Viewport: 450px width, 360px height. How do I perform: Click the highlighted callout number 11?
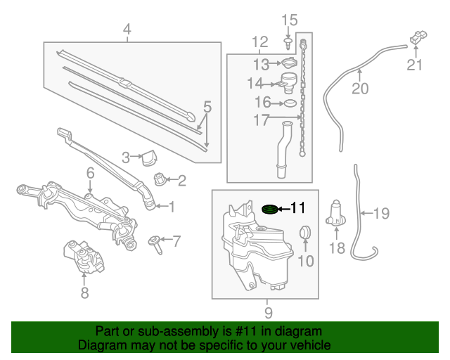298,207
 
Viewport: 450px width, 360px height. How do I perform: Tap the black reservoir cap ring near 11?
268,209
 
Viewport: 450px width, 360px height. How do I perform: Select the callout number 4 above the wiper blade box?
127,30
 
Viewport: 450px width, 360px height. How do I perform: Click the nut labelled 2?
160,181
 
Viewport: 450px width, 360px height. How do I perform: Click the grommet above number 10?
305,231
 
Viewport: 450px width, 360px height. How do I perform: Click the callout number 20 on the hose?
359,89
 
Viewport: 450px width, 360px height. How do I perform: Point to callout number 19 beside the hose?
380,213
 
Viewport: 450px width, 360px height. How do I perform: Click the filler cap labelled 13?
289,65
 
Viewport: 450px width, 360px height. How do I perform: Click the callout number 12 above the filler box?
259,41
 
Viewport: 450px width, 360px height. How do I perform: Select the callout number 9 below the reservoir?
268,312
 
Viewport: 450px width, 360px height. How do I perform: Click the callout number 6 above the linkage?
90,172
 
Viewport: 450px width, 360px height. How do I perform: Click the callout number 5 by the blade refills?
207,107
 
